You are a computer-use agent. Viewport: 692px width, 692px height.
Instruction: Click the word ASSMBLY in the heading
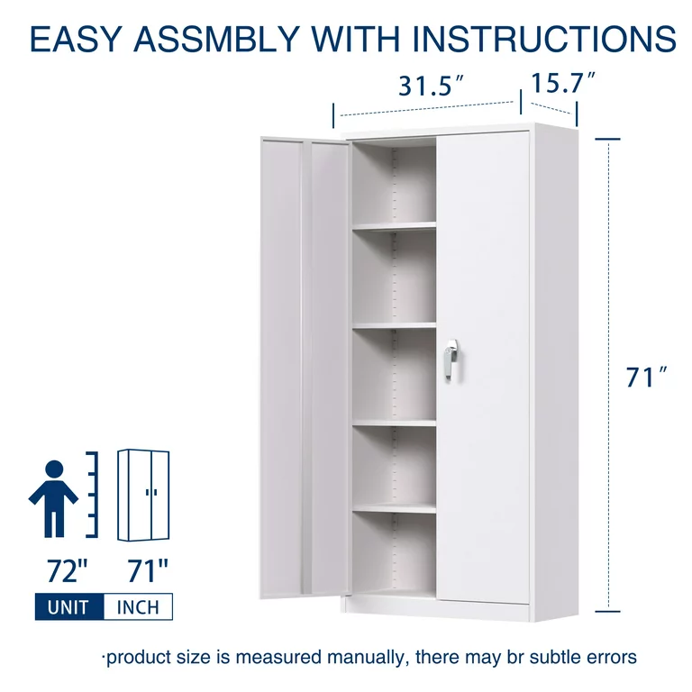[x=216, y=39]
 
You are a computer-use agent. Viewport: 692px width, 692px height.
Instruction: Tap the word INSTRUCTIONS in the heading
[x=543, y=39]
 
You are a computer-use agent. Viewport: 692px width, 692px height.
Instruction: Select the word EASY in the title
[x=76, y=39]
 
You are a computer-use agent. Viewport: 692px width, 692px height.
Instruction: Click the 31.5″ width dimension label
[x=432, y=86]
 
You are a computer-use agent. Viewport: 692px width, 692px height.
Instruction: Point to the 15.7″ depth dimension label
[x=563, y=83]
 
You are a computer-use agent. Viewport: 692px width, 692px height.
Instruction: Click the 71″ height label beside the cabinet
[x=647, y=378]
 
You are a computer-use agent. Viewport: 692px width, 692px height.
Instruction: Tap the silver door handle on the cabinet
[x=451, y=360]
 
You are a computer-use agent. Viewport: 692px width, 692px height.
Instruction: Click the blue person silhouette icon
[x=53, y=498]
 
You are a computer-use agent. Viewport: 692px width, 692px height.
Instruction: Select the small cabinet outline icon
[x=143, y=496]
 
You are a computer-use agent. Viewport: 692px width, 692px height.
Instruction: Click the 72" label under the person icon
[x=68, y=571]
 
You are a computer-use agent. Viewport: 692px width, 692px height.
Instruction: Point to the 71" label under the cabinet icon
[x=148, y=571]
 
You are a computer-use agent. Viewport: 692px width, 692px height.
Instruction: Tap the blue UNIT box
[x=69, y=606]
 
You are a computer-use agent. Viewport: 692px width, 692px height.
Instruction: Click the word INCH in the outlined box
[x=138, y=607]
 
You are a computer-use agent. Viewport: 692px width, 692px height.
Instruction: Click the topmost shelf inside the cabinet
[x=394, y=226]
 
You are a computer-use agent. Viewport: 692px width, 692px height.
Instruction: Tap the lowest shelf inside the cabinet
[x=394, y=508]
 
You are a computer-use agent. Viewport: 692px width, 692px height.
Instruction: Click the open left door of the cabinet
[x=305, y=369]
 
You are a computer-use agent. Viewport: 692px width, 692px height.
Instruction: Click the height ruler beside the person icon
[x=92, y=495]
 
